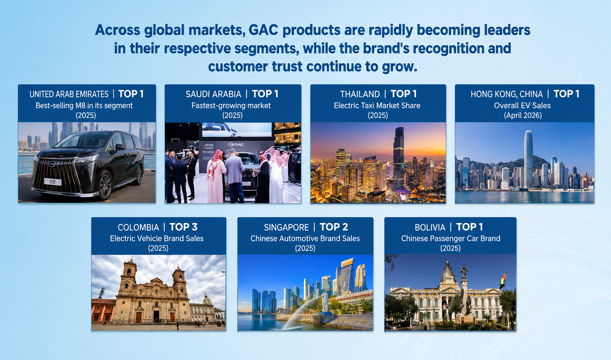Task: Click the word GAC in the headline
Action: click(263, 30)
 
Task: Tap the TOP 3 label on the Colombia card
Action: click(183, 227)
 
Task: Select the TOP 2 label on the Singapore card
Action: click(334, 227)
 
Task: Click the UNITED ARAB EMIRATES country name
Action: click(69, 94)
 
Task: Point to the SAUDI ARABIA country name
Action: click(213, 94)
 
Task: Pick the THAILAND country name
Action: click(360, 94)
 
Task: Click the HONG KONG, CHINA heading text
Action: click(506, 94)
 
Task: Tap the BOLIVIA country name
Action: click(430, 227)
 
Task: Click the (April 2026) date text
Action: click(523, 115)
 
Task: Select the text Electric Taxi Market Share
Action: click(377, 105)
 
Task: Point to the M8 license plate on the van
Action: click(53, 182)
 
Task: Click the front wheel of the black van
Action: click(105, 185)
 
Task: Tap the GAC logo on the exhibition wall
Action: click(236, 144)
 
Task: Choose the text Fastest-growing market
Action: click(231, 105)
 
